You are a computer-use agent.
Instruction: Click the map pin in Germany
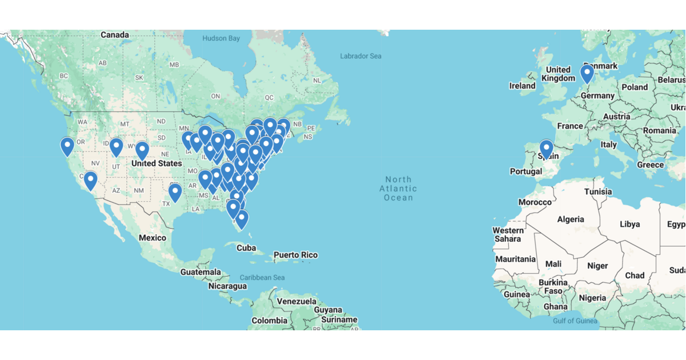click(587, 74)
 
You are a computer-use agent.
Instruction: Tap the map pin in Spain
click(547, 149)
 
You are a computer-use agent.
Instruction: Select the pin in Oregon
click(67, 146)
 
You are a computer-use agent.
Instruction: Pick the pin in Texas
click(175, 193)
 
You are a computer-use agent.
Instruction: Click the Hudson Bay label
click(221, 38)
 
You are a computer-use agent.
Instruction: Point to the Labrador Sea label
click(360, 56)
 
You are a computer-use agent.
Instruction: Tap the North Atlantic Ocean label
click(398, 189)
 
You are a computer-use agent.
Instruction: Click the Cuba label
click(246, 247)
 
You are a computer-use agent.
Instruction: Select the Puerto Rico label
click(296, 255)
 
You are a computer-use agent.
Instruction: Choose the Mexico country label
click(152, 238)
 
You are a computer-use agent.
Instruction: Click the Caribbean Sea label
click(262, 278)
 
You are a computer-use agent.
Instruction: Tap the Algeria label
click(571, 219)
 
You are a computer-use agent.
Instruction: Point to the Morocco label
click(535, 202)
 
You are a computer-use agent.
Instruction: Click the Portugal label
click(525, 171)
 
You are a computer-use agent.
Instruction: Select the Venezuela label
click(296, 301)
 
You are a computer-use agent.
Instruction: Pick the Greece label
click(651, 165)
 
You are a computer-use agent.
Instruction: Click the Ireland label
click(523, 86)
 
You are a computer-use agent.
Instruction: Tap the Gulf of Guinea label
click(575, 321)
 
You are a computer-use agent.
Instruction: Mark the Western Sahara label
click(508, 234)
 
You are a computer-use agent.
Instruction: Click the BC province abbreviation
click(63, 75)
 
